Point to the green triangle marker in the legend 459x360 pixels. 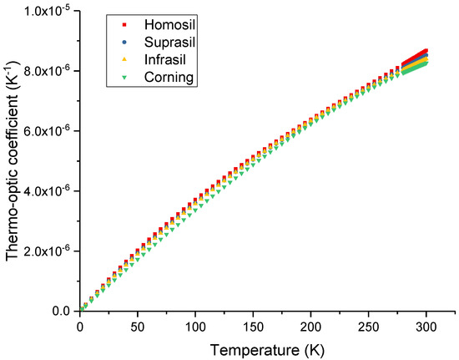(124, 78)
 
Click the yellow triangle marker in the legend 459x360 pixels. (124, 60)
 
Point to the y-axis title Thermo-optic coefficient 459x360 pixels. (12, 161)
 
